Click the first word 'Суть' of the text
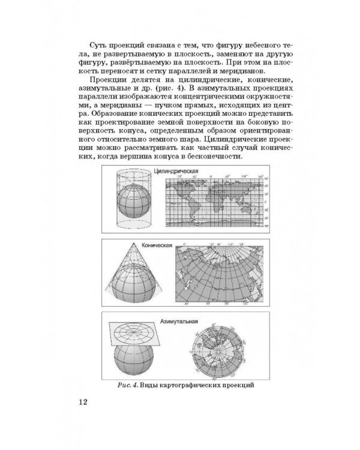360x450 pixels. [x=98, y=46]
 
